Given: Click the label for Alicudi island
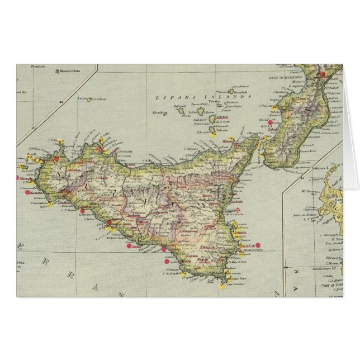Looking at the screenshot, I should [159, 112].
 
